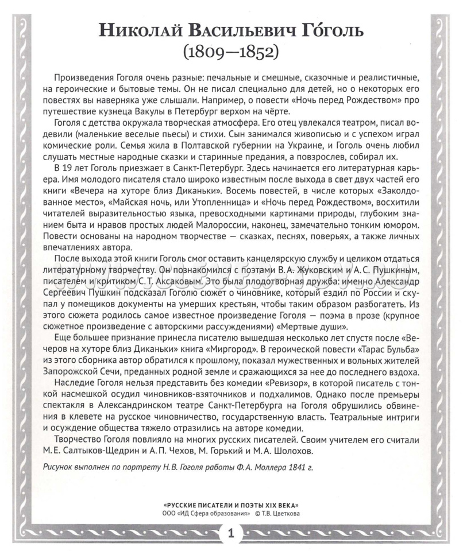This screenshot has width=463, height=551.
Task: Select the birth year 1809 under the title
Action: click(206, 52)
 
